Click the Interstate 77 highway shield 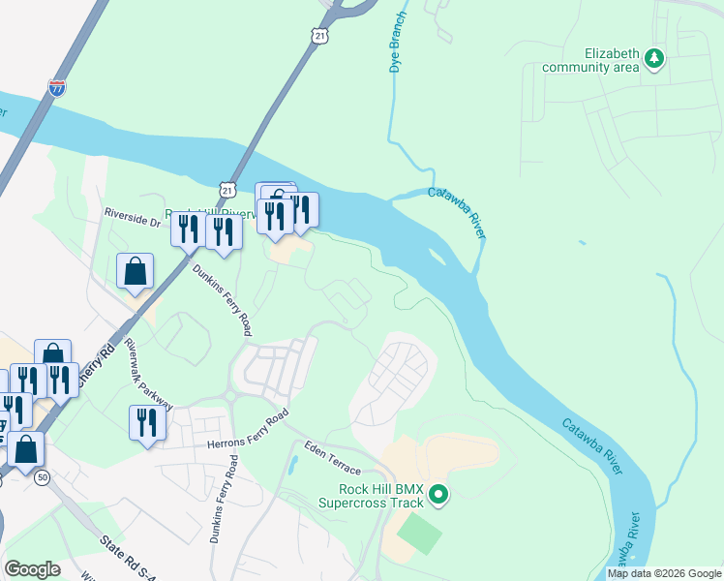click(58, 87)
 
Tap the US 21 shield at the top click(320, 35)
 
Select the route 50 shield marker click(42, 477)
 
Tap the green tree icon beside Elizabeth click(654, 58)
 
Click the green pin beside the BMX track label click(438, 496)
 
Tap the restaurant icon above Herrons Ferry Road click(146, 422)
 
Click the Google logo click(32, 569)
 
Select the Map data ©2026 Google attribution click(664, 573)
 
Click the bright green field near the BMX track click(419, 534)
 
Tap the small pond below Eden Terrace click(291, 464)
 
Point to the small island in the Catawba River click(437, 258)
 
